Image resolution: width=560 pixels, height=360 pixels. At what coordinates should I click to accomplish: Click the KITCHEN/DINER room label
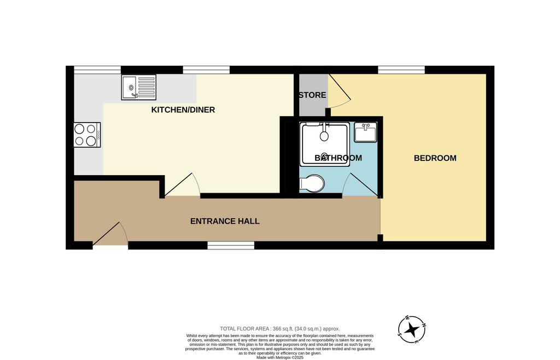183,109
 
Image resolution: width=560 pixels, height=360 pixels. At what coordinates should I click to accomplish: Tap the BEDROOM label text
435,158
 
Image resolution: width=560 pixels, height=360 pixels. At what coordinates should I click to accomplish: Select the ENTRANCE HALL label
225,221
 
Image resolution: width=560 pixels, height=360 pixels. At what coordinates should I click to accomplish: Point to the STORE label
312,95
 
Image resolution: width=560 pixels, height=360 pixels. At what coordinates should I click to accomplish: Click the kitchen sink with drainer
138,87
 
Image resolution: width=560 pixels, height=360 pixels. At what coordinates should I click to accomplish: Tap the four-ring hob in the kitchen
87,135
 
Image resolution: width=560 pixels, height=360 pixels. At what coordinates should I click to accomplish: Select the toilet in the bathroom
312,184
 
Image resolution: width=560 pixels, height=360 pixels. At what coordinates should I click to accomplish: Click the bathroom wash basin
365,132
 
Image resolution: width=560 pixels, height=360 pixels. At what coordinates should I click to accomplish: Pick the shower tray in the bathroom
325,144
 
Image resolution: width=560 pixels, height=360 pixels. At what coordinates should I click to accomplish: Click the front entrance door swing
110,234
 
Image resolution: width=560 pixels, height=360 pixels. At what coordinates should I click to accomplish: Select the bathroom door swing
360,185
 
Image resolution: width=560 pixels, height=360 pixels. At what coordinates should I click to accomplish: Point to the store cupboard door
339,91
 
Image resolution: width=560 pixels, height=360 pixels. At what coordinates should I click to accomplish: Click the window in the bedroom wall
401,69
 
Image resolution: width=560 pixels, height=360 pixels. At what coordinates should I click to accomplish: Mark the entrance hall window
231,245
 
